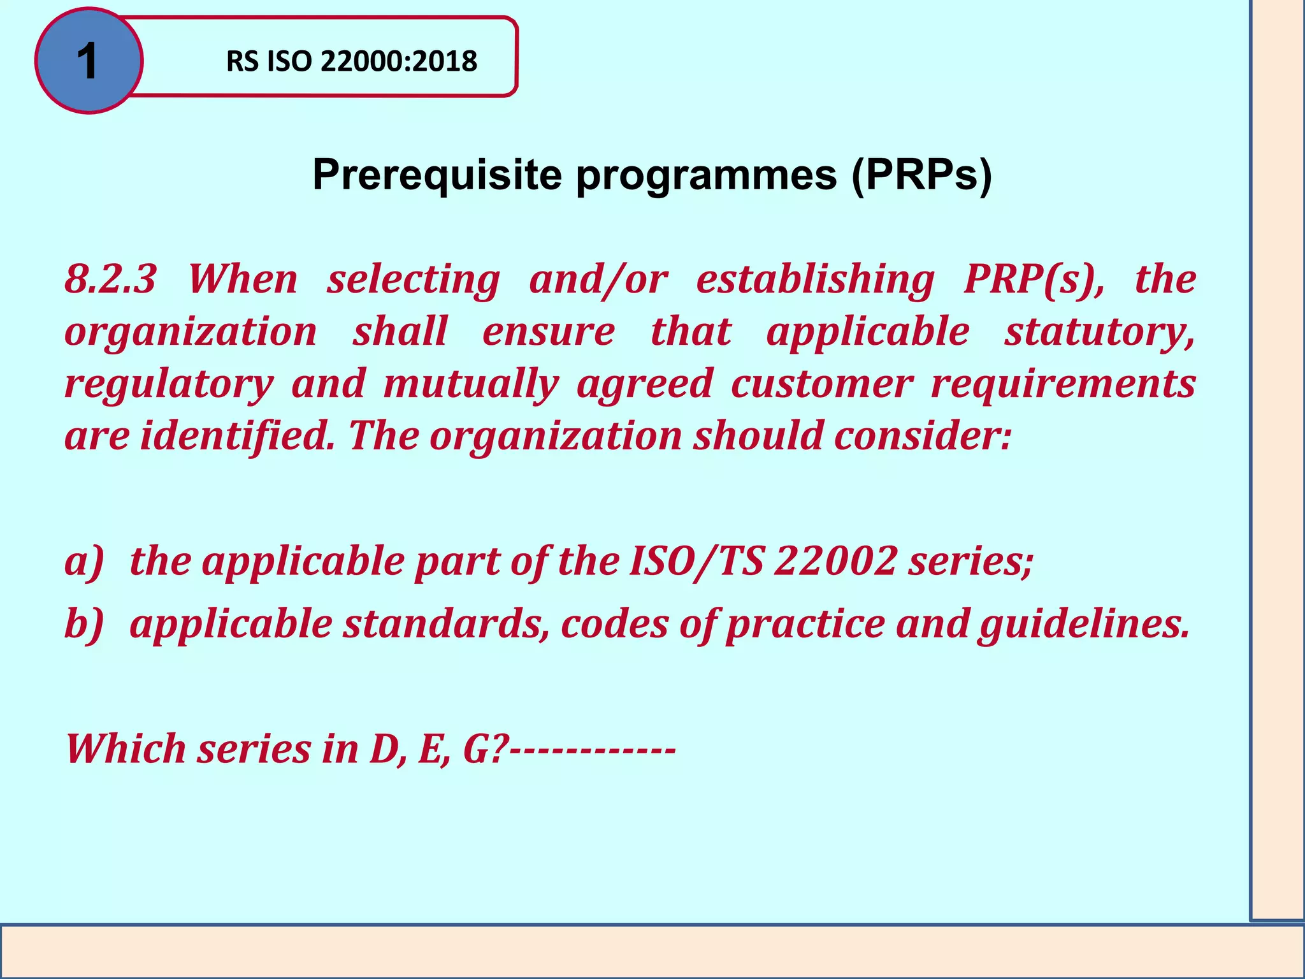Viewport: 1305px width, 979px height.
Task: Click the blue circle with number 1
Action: [x=89, y=61]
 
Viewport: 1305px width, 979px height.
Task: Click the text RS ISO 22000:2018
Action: [x=351, y=62]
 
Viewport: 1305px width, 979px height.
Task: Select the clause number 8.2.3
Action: [x=110, y=280]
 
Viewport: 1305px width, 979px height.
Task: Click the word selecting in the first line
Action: [x=413, y=280]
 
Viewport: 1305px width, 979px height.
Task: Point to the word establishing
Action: [x=815, y=280]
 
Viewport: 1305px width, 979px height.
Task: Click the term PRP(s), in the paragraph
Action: [x=1034, y=280]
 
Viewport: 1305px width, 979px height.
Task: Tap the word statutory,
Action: [x=1100, y=332]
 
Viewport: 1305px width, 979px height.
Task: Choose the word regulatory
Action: [x=169, y=384]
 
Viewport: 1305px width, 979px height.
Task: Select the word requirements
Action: [x=1063, y=384]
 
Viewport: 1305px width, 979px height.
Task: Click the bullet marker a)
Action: [x=83, y=562]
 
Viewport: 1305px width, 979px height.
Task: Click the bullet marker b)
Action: [x=83, y=624]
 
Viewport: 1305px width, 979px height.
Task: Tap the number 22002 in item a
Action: [x=835, y=562]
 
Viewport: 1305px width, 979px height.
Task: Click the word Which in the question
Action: [x=126, y=749]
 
